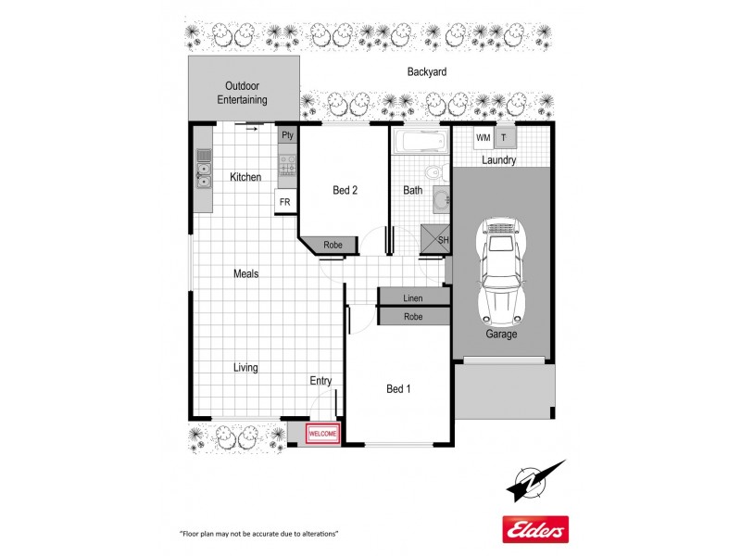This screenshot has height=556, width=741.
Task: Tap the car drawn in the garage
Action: click(500, 269)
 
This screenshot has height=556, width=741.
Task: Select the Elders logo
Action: click(534, 529)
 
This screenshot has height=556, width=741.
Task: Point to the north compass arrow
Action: click(535, 480)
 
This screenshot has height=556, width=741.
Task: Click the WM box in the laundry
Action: click(483, 138)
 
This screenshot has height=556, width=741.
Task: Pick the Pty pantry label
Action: click(287, 135)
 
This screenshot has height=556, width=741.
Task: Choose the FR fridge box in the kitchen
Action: click(284, 201)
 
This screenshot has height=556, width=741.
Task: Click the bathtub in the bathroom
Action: click(419, 143)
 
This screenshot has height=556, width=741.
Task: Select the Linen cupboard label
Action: click(413, 298)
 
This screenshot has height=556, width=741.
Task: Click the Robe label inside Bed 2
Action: click(333, 246)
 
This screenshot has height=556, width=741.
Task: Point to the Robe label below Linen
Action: click(413, 317)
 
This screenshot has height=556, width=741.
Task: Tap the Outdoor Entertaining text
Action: click(242, 93)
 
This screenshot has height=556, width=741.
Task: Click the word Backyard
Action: click(427, 71)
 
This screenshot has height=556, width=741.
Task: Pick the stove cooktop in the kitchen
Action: click(287, 165)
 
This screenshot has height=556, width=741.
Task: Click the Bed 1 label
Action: click(398, 389)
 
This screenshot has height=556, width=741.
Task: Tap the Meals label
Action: click(245, 273)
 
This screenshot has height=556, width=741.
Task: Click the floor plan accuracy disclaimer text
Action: click(258, 535)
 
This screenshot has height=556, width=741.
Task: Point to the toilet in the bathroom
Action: click(433, 173)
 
